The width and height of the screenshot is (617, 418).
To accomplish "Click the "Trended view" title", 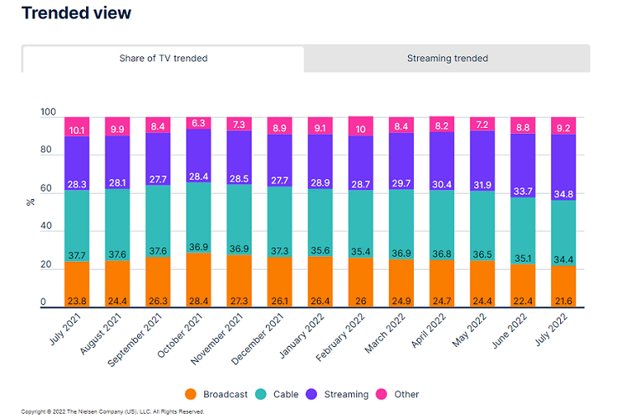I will tap(76, 13).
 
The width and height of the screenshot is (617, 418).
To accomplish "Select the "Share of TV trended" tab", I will tap(163, 59).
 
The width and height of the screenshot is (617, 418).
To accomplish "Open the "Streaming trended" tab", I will tap(447, 59).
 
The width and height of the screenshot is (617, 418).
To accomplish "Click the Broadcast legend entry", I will tap(217, 394).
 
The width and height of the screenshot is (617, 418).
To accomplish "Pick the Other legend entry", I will tap(399, 394).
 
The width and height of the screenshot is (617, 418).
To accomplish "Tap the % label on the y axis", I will tap(31, 201).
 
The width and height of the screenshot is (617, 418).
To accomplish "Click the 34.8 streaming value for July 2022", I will tap(563, 194).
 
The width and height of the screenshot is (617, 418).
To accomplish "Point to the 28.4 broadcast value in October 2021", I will tap(198, 300).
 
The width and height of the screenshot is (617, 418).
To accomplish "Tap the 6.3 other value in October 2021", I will tap(198, 123).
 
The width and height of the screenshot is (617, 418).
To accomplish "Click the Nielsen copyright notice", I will tap(112, 411).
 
